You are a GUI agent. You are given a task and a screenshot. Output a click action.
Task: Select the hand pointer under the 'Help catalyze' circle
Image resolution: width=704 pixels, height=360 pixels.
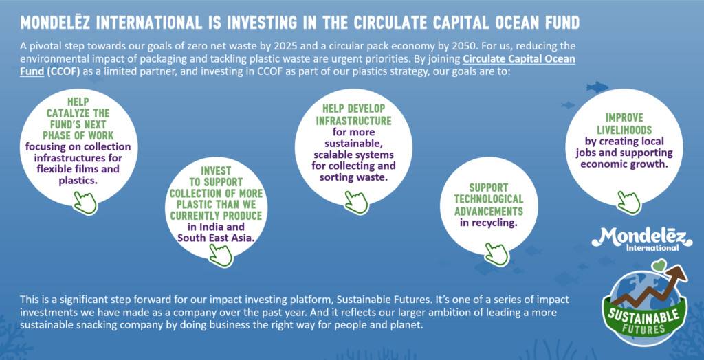coord(85,203)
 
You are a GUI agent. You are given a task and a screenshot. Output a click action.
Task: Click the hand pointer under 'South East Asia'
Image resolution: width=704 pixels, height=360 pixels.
coord(221,256)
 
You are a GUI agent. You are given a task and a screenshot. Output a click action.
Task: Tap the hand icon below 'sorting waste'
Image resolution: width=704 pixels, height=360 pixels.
coord(356,202)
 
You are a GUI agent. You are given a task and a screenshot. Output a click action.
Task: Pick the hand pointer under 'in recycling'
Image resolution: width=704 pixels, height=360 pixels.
coord(496,254)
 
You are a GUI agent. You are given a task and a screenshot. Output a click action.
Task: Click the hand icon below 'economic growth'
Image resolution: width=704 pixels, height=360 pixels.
coord(628,202)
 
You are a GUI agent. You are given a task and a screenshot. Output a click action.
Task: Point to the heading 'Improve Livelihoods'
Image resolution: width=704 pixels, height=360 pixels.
coord(624,124)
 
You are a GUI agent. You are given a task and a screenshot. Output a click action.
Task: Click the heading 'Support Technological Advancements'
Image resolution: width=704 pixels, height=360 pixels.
coord(489,199)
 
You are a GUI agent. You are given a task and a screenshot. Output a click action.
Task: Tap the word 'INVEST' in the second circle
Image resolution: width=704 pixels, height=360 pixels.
coord(216,170)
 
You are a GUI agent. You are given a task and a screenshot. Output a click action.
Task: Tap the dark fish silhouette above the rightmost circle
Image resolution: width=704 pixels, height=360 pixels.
coord(597,87)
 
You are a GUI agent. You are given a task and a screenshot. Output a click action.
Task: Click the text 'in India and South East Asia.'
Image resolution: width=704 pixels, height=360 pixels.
coord(216,232)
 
